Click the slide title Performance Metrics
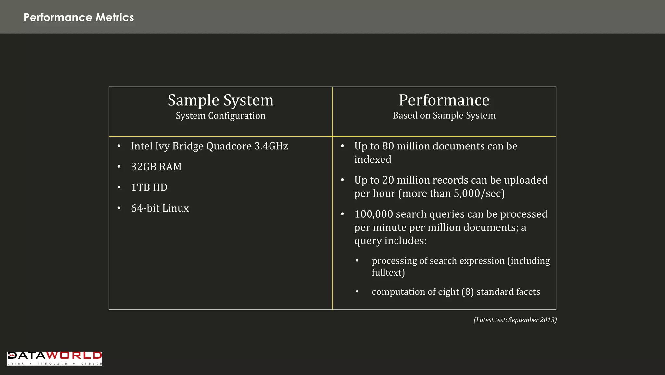(79, 17)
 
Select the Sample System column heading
(220, 100)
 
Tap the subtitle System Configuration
(220, 116)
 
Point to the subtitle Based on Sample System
(444, 115)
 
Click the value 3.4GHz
(271, 146)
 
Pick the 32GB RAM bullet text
(156, 167)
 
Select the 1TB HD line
(149, 187)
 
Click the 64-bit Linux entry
(160, 208)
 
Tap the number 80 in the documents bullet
(388, 146)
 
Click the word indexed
(373, 160)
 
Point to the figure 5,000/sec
(479, 194)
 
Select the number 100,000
(373, 214)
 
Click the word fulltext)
(388, 272)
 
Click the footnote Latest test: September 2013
(515, 320)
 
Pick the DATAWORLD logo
(55, 358)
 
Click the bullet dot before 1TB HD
(119, 187)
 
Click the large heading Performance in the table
(444, 100)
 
